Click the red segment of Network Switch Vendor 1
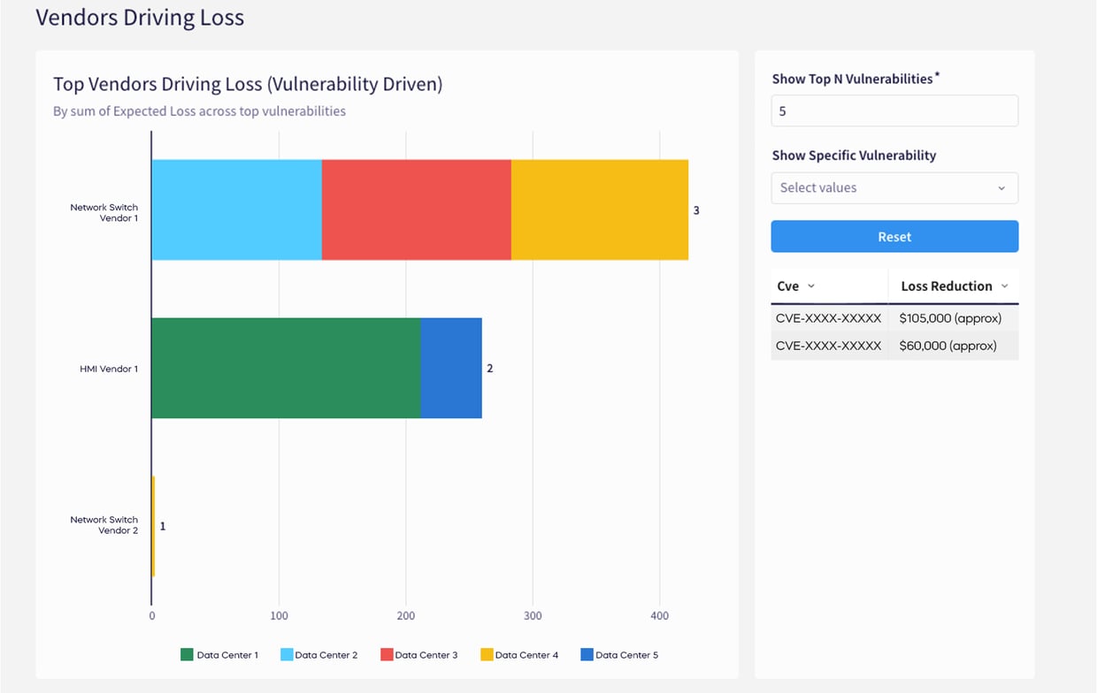click(417, 209)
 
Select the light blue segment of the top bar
click(237, 209)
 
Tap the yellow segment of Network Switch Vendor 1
click(600, 209)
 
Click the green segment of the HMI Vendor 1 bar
click(287, 368)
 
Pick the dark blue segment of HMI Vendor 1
click(451, 368)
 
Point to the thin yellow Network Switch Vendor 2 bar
click(153, 526)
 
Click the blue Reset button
click(894, 236)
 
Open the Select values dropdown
click(894, 188)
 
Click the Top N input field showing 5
click(894, 111)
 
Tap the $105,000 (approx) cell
click(950, 318)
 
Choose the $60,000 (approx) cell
click(947, 346)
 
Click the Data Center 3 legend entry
click(419, 655)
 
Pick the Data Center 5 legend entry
click(619, 655)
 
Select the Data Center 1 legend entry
click(219, 655)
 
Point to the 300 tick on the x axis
click(533, 616)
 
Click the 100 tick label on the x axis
click(280, 616)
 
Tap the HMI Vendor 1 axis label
click(109, 369)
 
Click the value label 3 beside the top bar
click(696, 210)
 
